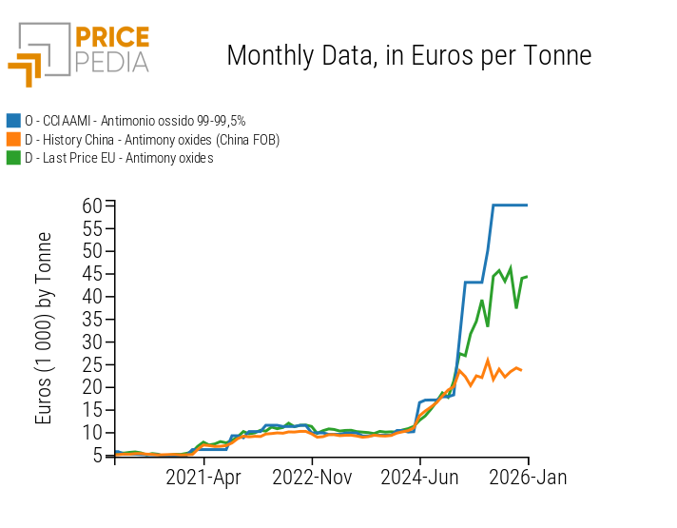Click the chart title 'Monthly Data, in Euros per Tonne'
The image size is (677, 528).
(x=409, y=56)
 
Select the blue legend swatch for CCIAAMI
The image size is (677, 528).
(x=13, y=121)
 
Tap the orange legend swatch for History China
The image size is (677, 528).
(x=13, y=140)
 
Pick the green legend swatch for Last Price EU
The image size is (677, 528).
(x=13, y=158)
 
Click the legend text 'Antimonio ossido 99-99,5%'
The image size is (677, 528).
(x=174, y=121)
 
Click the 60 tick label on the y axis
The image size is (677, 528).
(x=91, y=205)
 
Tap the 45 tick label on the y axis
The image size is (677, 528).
(x=91, y=274)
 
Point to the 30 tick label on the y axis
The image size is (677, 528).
(x=91, y=342)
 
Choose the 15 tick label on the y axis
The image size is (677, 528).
(x=91, y=410)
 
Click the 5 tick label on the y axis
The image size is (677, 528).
(x=97, y=456)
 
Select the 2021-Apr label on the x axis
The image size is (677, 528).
(x=204, y=478)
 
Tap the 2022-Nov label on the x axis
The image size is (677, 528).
(x=313, y=478)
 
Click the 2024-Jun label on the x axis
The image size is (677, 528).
(x=420, y=478)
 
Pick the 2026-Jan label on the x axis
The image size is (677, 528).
(x=528, y=478)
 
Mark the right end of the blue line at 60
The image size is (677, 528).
(x=527, y=205)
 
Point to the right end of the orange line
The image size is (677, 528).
(x=521, y=369)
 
